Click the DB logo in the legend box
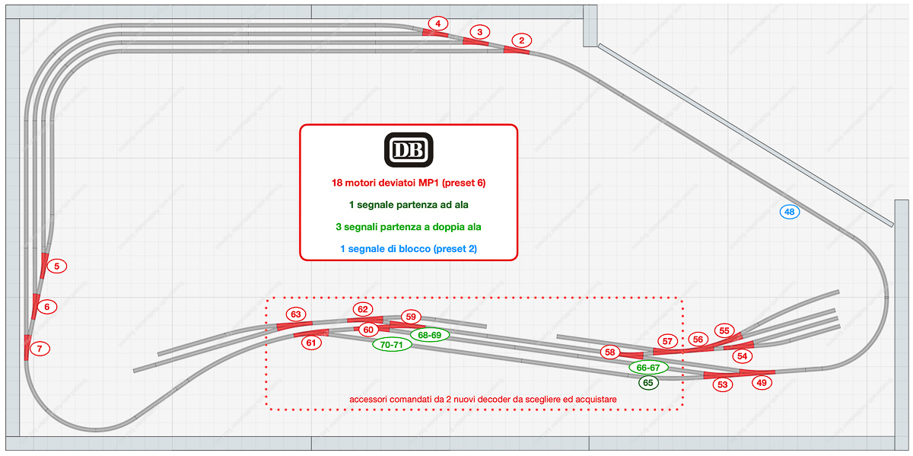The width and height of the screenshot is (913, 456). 408,150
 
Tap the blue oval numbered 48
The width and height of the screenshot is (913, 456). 790,212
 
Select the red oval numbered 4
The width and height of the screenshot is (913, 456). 437,24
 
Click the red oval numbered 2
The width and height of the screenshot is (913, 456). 521,40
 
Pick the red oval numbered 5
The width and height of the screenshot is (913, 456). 56,266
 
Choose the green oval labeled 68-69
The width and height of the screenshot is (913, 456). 430,335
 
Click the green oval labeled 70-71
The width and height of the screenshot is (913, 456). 393,345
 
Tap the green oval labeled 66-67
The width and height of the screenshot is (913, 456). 648,368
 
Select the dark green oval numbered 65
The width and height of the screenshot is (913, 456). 648,383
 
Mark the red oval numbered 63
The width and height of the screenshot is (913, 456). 296,314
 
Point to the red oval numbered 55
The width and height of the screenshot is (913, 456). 724,331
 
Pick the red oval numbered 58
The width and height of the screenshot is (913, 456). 609,352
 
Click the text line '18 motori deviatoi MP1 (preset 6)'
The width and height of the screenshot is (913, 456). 408,183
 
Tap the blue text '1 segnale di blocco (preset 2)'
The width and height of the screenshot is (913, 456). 408,249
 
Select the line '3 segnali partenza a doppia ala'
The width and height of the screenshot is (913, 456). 408,227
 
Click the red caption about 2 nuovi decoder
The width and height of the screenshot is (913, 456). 482,399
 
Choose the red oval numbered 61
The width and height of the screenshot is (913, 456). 311,343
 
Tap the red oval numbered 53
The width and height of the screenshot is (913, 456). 722,384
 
